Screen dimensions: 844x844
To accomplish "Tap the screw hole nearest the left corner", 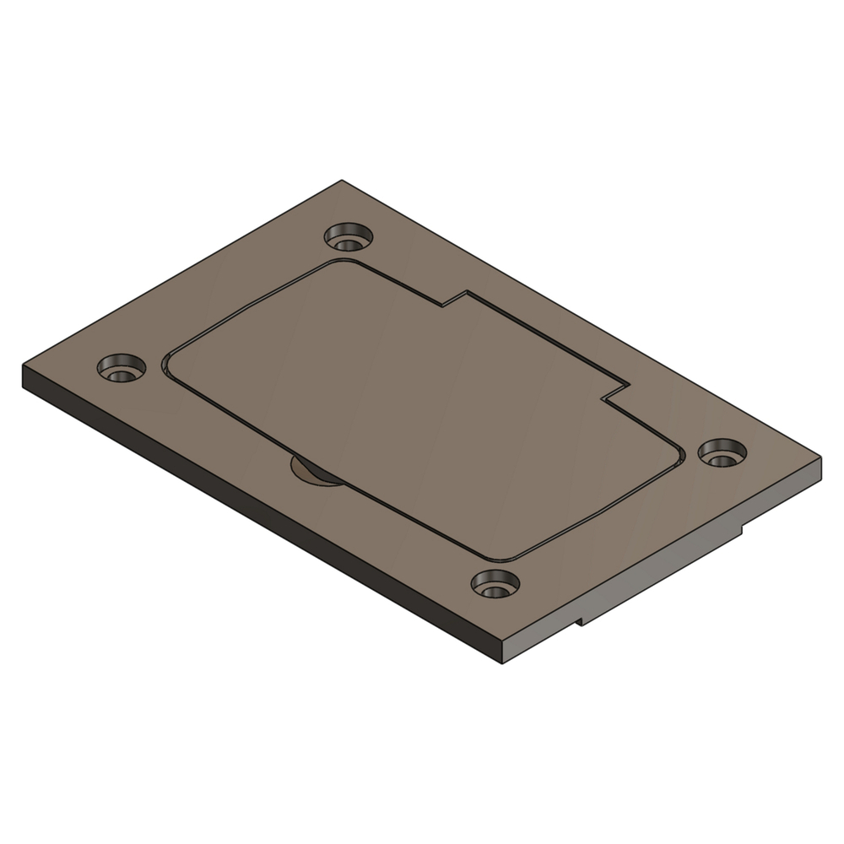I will pos(121,368).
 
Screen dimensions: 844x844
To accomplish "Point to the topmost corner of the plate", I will pos(340,181).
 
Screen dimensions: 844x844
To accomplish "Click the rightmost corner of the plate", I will pos(820,460).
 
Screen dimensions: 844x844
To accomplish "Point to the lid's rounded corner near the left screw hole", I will pos(169,363).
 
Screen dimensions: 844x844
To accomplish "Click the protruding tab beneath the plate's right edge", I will pos(667,574).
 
